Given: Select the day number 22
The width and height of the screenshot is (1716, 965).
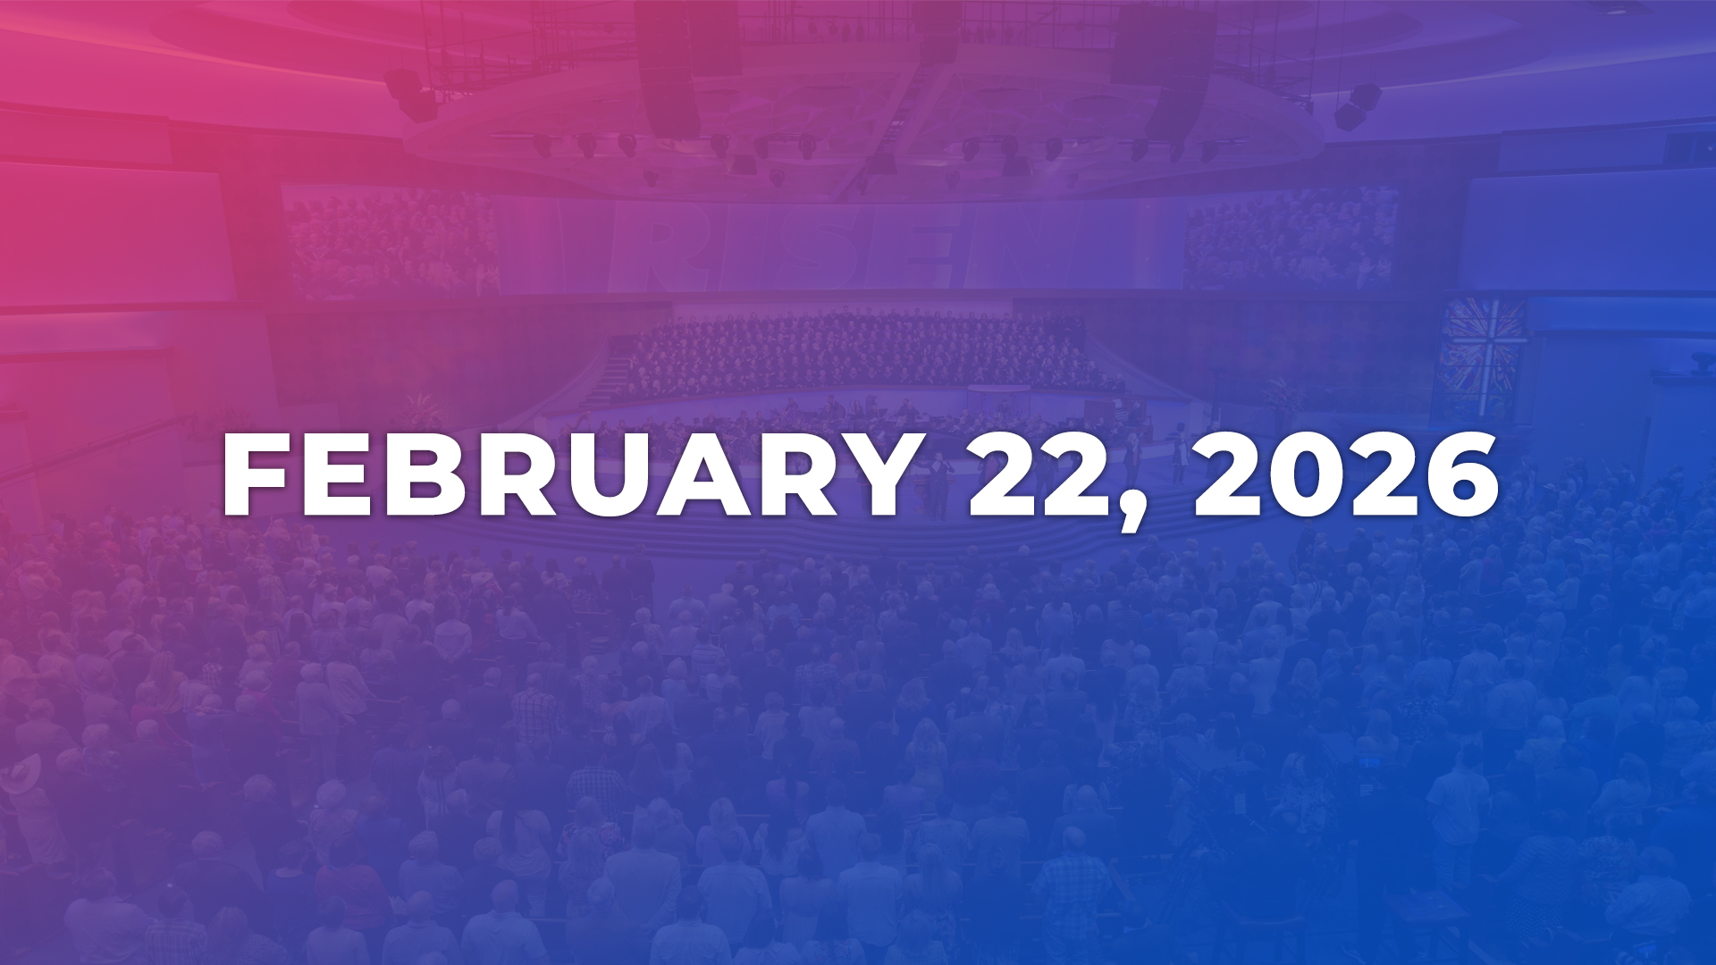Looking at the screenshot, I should [x=1042, y=475].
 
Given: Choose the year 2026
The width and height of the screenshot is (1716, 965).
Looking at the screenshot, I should [x=1346, y=475].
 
